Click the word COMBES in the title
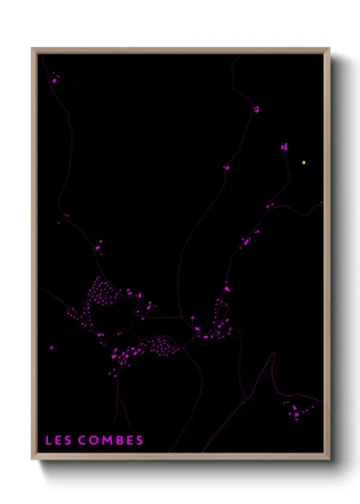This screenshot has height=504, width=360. pyautogui.click(x=111, y=441)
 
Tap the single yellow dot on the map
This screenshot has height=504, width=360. pyautogui.click(x=303, y=161)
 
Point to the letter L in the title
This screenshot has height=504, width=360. pyautogui.click(x=49, y=441)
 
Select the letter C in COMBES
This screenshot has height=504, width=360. pyautogui.click(x=82, y=441)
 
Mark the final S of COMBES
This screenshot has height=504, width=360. pyautogui.click(x=139, y=441)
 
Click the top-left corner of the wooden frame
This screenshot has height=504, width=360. pyautogui.click(x=33, y=49)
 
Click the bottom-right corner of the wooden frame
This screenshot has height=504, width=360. pyautogui.click(x=329, y=459)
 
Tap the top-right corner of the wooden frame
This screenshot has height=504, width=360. pyautogui.click(x=329, y=49)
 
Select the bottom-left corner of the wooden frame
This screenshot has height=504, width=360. pyautogui.click(x=33, y=459)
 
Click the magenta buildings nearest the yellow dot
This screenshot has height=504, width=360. pyautogui.click(x=284, y=147)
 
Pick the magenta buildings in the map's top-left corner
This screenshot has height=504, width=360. pyautogui.click(x=55, y=79)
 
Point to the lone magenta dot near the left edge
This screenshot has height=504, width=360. pyautogui.click(x=51, y=347)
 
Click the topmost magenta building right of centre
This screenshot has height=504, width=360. pyautogui.click(x=255, y=109)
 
